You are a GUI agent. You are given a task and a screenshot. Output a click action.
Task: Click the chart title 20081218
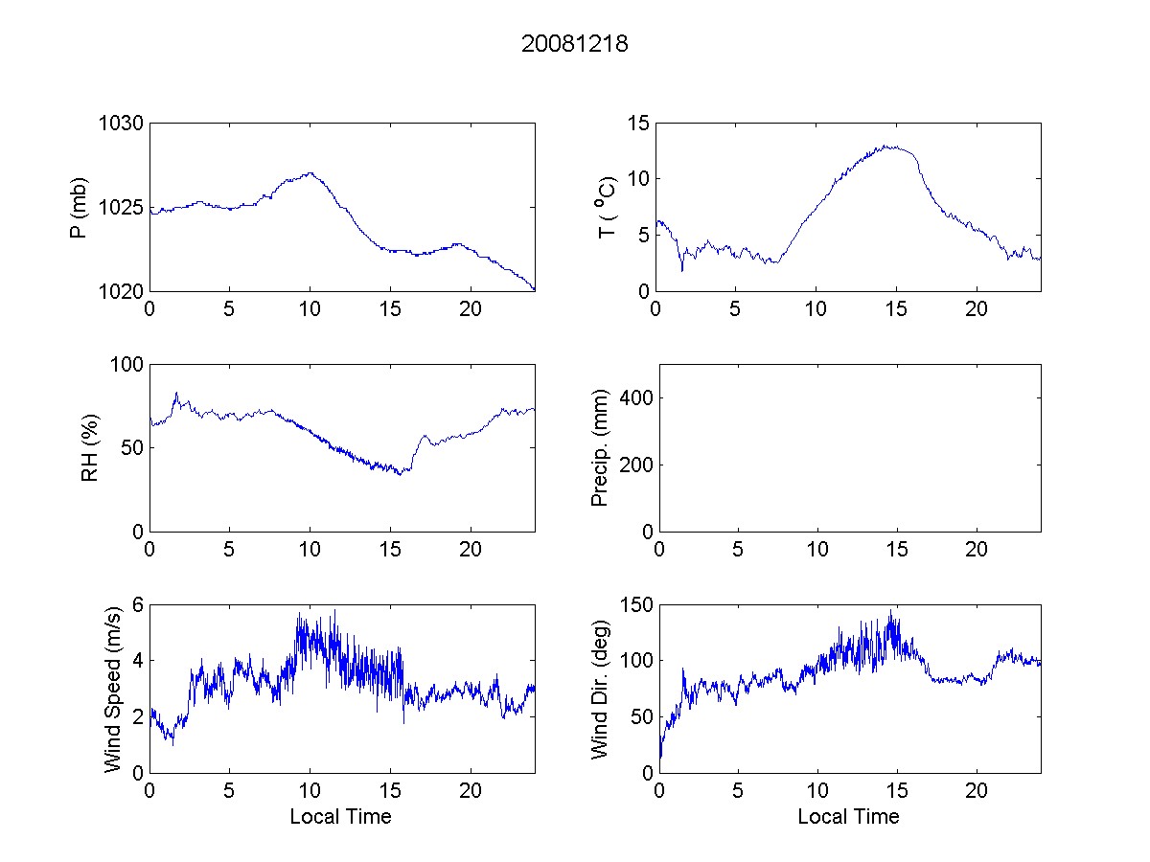pyautogui.click(x=574, y=44)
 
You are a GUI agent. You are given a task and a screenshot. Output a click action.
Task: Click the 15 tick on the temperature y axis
pyautogui.click(x=638, y=124)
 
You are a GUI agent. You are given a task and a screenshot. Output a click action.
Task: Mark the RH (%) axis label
pyautogui.click(x=90, y=447)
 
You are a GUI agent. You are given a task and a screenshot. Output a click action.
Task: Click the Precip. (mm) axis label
pyautogui.click(x=600, y=447)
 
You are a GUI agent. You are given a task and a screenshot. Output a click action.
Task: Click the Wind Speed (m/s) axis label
pyautogui.click(x=114, y=690)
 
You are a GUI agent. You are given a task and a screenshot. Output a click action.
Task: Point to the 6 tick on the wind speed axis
pyautogui.click(x=138, y=605)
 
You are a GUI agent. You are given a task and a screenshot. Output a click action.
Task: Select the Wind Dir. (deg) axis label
pyautogui.click(x=600, y=690)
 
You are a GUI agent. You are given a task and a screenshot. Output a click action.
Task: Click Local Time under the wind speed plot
pyautogui.click(x=340, y=817)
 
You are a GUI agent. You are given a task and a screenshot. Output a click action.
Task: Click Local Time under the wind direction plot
pyautogui.click(x=848, y=817)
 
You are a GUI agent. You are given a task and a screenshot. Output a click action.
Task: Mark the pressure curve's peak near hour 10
pyautogui.click(x=310, y=172)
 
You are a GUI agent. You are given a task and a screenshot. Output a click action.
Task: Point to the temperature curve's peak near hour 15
pyautogui.click(x=891, y=147)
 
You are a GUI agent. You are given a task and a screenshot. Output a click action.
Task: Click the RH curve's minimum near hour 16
pyautogui.click(x=400, y=474)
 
